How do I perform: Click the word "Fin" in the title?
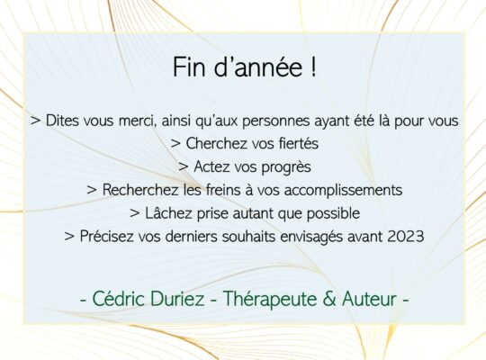point(189,67)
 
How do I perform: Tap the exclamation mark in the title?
point(313,67)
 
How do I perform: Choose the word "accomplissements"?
point(343,191)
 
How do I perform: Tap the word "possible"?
point(333,213)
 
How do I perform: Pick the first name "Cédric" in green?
point(119,299)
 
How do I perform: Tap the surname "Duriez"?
point(177,299)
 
